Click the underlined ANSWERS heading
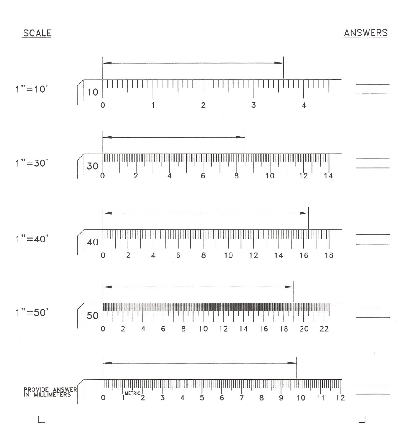(x=366, y=33)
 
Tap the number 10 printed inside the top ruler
(x=92, y=92)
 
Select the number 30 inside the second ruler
(x=92, y=166)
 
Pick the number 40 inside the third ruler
(x=92, y=242)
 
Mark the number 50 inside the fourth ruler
(x=92, y=316)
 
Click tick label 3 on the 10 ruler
(x=253, y=105)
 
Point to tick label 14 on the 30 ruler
(x=328, y=176)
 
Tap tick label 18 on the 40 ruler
(x=328, y=255)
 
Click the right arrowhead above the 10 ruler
(x=279, y=63)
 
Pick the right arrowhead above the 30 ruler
(x=241, y=137)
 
